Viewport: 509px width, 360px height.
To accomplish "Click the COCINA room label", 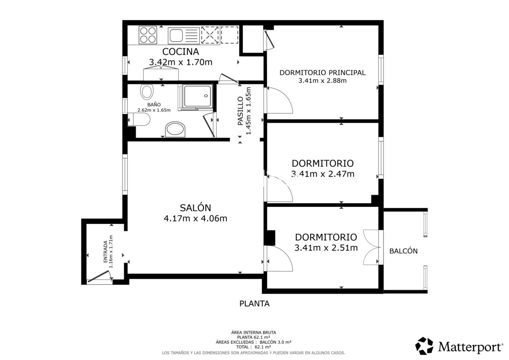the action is tap(181, 52).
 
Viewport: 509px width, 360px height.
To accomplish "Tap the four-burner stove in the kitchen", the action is tap(148, 35).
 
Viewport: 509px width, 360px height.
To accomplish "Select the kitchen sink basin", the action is tap(176, 35).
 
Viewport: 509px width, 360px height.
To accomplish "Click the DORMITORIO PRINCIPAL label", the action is tap(322, 73).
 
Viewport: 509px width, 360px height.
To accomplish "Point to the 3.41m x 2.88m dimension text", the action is tap(322, 81).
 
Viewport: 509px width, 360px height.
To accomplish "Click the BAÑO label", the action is tap(154, 105).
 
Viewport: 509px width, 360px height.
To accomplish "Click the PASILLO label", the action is tap(240, 111).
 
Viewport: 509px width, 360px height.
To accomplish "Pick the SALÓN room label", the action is tap(195, 208).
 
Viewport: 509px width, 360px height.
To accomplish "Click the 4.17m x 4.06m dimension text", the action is tap(195, 218).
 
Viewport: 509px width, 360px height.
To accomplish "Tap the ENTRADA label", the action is tap(105, 252).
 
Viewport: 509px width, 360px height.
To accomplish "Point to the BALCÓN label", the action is tap(404, 251).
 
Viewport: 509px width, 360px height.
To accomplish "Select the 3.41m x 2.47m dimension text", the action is tap(323, 174).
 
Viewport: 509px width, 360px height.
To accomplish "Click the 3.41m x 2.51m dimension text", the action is tap(326, 248).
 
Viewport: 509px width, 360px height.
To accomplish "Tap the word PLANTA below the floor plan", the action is tap(255, 304).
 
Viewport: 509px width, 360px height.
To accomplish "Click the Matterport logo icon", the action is tap(424, 346).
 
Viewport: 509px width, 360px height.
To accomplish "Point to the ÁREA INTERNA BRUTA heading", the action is tap(254, 332).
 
